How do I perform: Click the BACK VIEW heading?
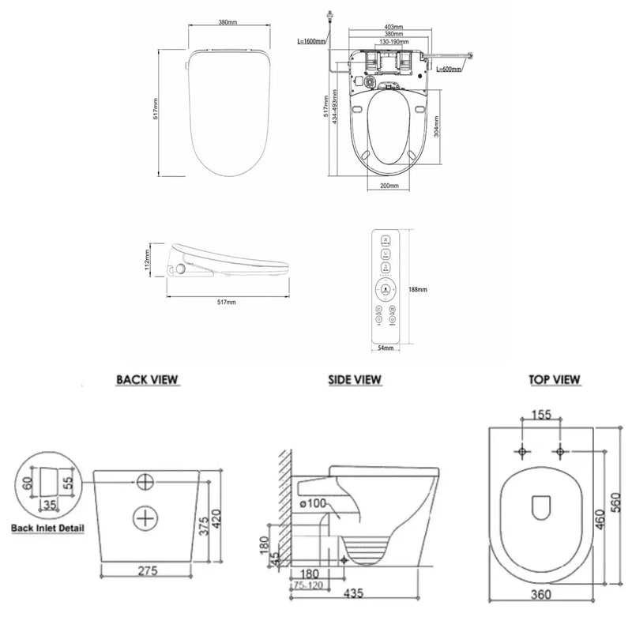pos(148,380)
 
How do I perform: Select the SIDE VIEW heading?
pos(355,380)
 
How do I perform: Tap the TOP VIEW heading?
pos(554,380)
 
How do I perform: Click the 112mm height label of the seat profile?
pos(147,258)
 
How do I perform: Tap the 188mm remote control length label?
pos(419,289)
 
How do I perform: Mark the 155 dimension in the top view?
pos(542,414)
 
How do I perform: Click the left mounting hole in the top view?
pos(522,451)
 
